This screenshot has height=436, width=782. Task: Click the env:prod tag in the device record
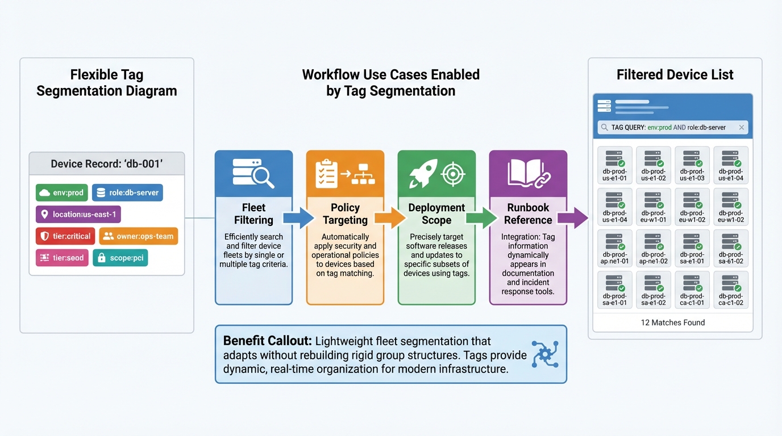[x=62, y=193]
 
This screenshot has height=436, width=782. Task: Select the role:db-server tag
[x=127, y=193]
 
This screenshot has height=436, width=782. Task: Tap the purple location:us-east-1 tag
[x=78, y=215]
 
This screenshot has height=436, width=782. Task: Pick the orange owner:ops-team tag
[x=139, y=236]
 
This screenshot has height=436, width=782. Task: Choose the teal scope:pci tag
[x=120, y=258]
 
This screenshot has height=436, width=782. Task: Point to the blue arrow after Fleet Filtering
[x=298, y=218]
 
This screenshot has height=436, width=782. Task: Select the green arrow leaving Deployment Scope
[x=481, y=218]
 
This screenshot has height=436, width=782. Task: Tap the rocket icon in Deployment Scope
[x=423, y=173]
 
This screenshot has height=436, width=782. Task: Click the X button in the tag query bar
[x=741, y=128]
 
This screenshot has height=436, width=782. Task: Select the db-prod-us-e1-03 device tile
[x=692, y=165]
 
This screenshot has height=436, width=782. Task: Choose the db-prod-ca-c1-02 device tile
[x=730, y=290]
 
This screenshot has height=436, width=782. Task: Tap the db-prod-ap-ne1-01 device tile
[x=614, y=248]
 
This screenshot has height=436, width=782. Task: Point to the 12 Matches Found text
[x=673, y=322]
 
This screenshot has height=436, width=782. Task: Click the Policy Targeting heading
[x=345, y=214]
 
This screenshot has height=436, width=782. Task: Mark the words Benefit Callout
[x=267, y=341]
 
